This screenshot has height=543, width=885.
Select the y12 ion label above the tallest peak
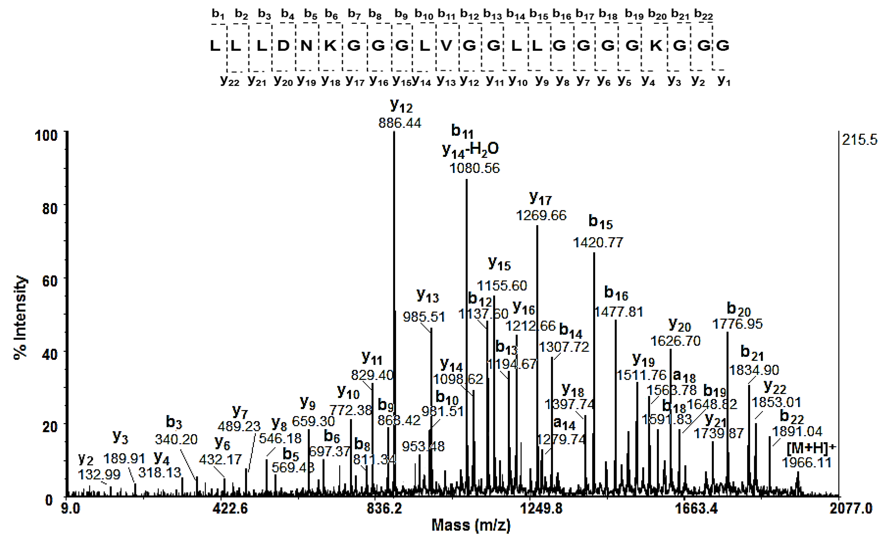click(x=401, y=106)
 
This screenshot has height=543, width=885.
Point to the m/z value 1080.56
click(x=475, y=168)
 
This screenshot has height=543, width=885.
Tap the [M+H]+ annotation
click(x=811, y=448)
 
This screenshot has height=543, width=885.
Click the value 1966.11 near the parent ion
click(x=807, y=462)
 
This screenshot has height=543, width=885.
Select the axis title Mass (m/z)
click(x=471, y=525)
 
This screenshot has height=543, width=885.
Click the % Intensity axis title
click(x=20, y=318)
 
